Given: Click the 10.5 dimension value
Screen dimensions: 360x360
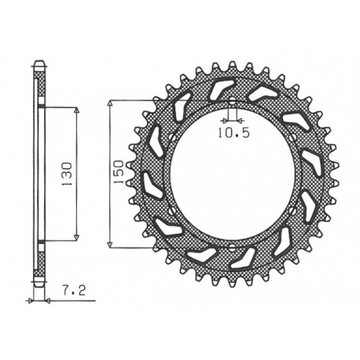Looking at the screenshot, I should [233, 133].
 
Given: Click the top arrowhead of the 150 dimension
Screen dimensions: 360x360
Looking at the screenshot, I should [111, 104].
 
